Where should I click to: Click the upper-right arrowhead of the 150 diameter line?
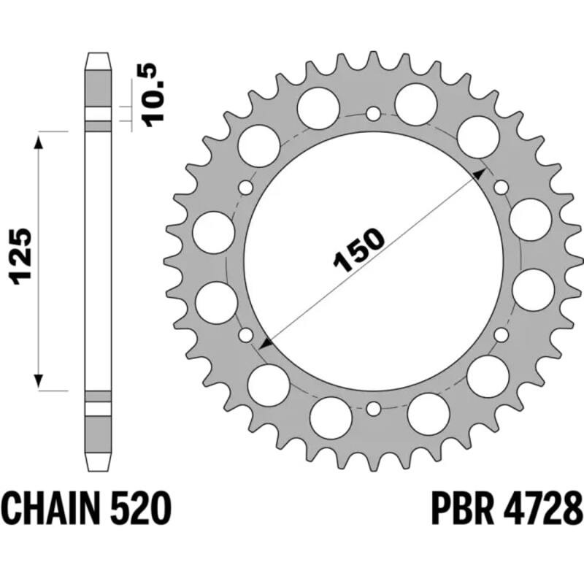[480, 172]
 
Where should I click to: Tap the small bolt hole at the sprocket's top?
[373, 114]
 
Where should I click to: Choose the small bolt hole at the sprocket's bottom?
[373, 408]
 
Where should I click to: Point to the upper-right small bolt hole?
[501, 188]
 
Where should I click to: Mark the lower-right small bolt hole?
[501, 335]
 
